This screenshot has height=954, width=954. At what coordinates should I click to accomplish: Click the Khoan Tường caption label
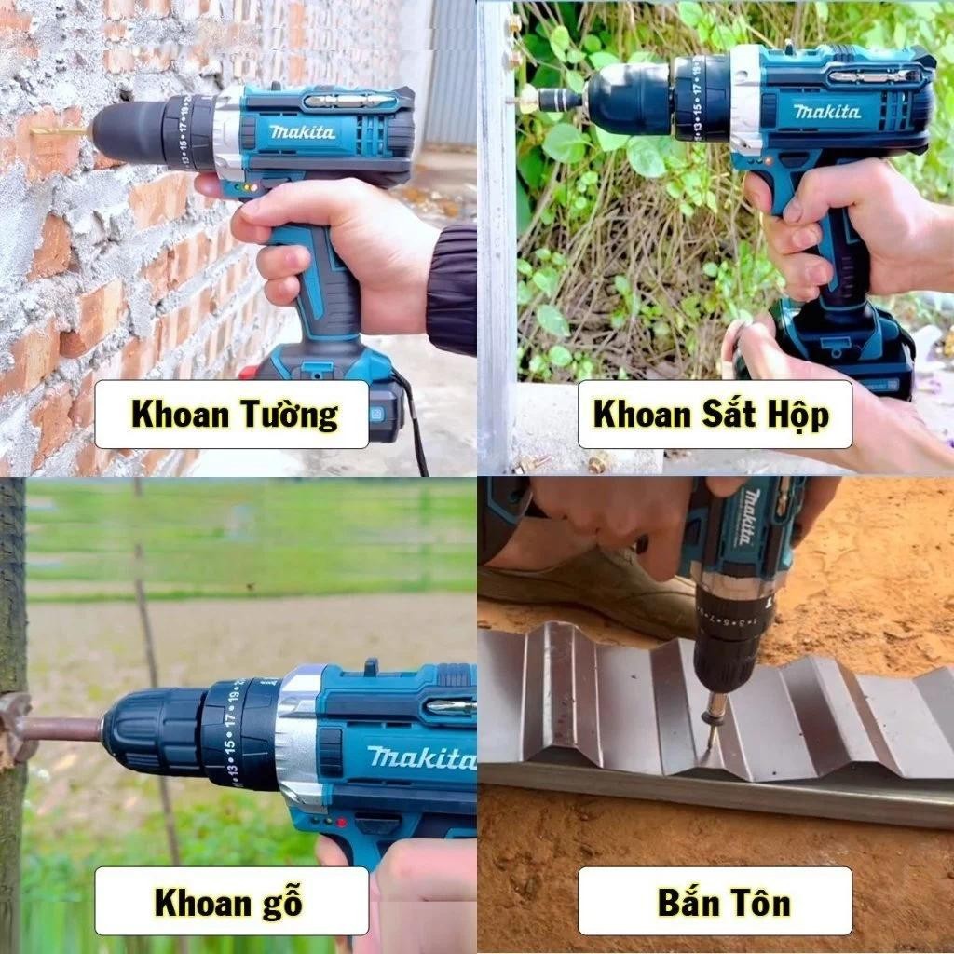point(232,415)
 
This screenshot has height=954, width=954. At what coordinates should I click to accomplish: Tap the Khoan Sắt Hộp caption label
point(715,415)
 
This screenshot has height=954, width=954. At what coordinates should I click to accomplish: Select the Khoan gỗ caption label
point(232,901)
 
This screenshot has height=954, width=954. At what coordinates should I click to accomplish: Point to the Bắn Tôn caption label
point(715,901)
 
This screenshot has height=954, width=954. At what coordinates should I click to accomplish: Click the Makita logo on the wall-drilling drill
point(303,132)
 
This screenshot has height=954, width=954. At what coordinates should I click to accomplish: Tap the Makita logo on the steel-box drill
point(827,111)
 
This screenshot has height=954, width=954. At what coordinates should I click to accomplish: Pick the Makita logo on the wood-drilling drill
point(421,757)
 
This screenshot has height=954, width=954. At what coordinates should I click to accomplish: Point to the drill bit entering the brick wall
point(59,130)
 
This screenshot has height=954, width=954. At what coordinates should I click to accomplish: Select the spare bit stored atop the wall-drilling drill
point(349,101)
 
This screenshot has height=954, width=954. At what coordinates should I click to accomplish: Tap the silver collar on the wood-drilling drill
point(299,737)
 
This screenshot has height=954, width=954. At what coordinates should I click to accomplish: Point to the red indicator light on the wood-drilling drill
point(341,823)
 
